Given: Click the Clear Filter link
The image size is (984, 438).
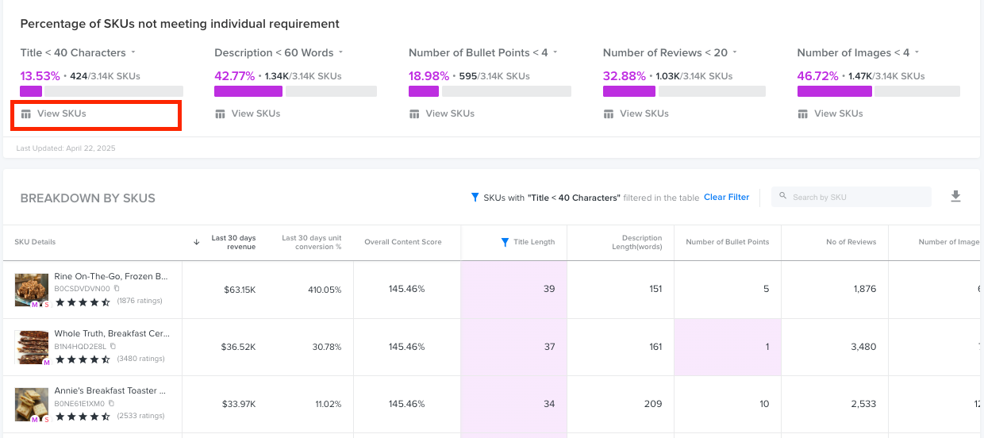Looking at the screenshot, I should tap(726, 197).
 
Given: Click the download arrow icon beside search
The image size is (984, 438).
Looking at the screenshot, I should tap(955, 197).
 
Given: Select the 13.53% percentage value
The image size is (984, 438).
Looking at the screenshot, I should tap(40, 76).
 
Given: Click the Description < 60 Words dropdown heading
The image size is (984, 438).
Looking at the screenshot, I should tap(278, 53).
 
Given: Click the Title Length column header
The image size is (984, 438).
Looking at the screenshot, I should tap(533, 242).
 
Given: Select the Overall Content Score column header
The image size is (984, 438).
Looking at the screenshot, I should tap(402, 242).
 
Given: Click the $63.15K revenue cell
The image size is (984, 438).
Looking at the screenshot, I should tap(239, 290).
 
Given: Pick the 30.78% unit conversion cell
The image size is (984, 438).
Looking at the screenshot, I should tap(325, 347).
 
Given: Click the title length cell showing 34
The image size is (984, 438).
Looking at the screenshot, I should tap(549, 404).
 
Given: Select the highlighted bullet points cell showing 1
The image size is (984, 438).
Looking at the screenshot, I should tap(766, 347).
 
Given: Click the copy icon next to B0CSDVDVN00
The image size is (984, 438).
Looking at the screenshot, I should tap(117, 289).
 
